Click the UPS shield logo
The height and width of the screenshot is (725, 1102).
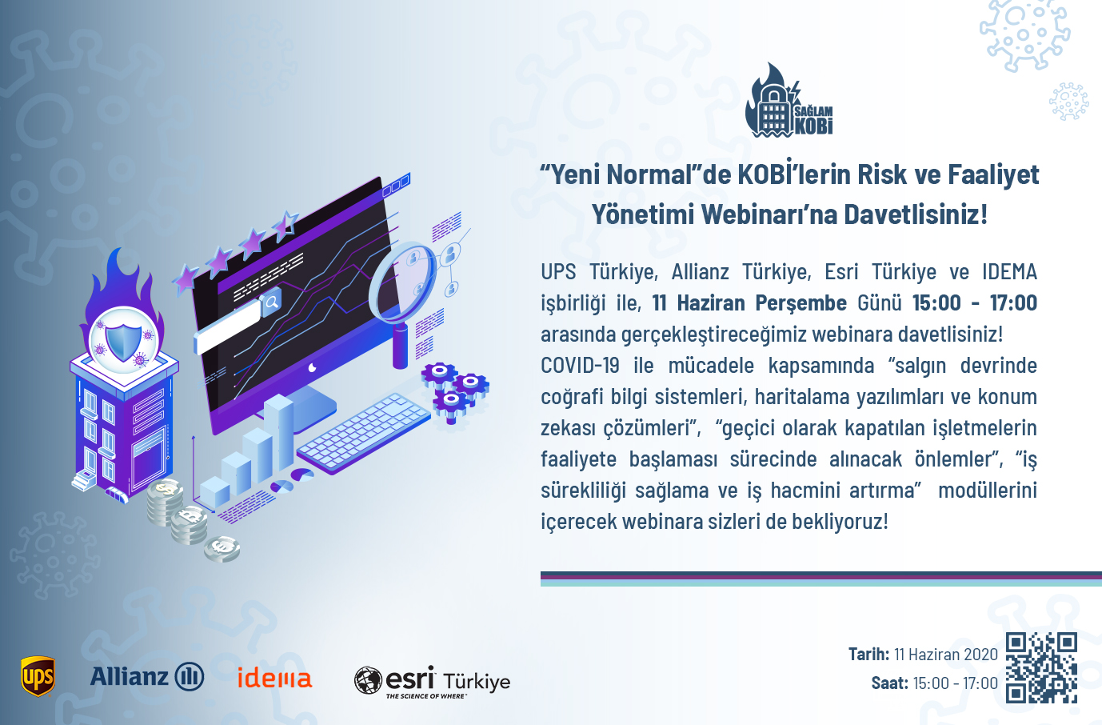pyautogui.click(x=38, y=676)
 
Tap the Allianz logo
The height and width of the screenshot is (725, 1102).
pyautogui.click(x=147, y=676)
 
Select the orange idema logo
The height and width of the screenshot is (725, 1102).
pyautogui.click(x=274, y=677)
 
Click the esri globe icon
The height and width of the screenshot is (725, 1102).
pyautogui.click(x=368, y=680)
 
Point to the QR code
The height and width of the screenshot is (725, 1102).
pyautogui.click(x=1041, y=668)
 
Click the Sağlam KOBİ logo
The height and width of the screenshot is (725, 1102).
pyautogui.click(x=789, y=100)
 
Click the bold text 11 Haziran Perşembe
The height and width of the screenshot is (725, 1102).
pyautogui.click(x=749, y=302)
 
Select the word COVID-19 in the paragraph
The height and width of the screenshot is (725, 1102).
pyautogui.click(x=580, y=365)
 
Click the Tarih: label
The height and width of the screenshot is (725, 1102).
pyautogui.click(x=868, y=654)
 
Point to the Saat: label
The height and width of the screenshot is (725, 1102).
pyautogui.click(x=889, y=683)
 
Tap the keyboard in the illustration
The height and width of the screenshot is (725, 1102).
pyautogui.click(x=363, y=433)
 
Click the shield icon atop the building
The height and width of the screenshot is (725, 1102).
pyautogui.click(x=123, y=338)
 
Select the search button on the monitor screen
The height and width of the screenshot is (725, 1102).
pyautogui.click(x=271, y=301)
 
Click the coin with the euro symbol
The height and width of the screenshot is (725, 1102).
pyautogui.click(x=222, y=548)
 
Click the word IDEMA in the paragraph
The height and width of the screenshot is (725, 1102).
pyautogui.click(x=1009, y=272)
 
